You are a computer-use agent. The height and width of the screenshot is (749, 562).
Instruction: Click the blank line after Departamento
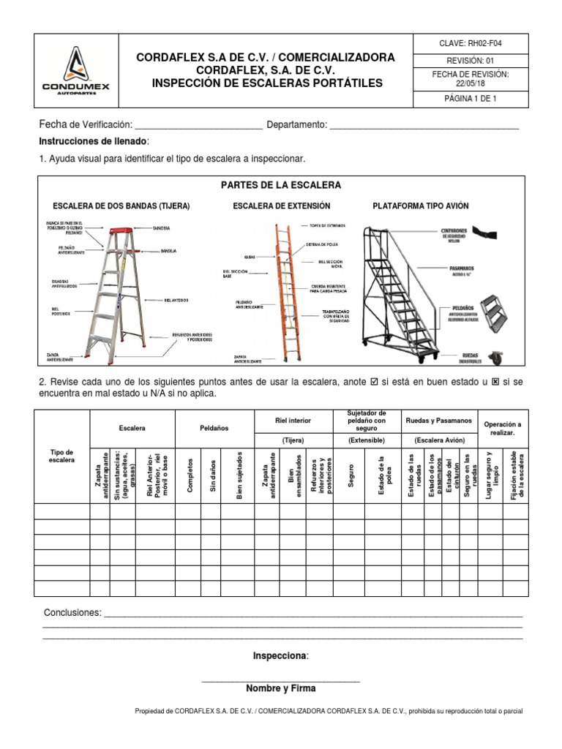pos(424,126)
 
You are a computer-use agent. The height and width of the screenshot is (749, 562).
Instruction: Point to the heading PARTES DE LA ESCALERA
pos(281,185)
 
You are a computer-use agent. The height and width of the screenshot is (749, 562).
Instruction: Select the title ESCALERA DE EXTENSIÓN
pos(282,206)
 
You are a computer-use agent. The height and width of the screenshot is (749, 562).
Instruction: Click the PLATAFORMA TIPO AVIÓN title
pos(421,206)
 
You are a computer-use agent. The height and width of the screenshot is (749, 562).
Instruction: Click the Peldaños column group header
pos(214,426)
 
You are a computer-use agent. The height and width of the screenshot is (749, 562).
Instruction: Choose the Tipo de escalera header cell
pos(61,456)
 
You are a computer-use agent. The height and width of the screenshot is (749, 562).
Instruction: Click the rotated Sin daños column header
pos(214,475)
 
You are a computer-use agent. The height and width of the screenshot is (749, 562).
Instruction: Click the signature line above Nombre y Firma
pos(281,681)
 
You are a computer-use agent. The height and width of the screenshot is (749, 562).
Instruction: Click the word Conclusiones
pos(71,612)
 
